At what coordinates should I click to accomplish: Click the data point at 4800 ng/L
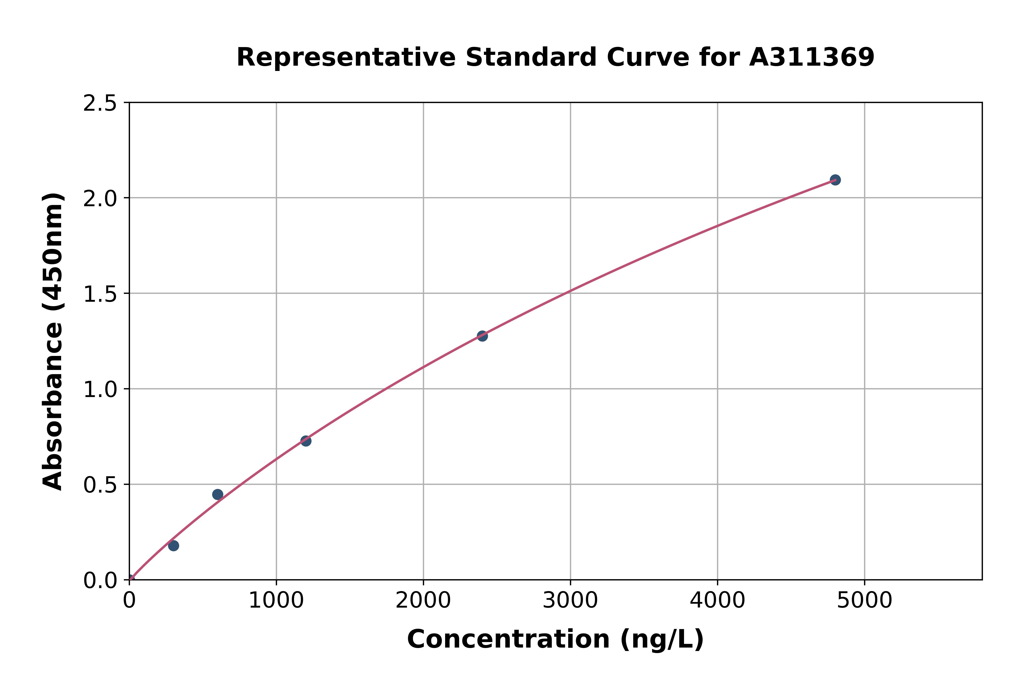pos(835,180)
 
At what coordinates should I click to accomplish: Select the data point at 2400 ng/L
pos(482,336)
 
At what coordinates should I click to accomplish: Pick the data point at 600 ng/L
pos(218,495)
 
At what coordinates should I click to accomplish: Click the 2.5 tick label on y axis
pos(100,104)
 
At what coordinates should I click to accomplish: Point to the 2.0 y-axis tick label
pos(100,199)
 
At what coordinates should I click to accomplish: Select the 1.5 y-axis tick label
pos(100,294)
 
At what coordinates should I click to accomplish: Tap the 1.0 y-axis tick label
pos(100,390)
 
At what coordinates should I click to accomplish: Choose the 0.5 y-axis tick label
pos(100,485)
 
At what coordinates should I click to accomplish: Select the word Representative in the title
pos(346,57)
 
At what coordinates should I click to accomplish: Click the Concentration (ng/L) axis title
pos(555,639)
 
